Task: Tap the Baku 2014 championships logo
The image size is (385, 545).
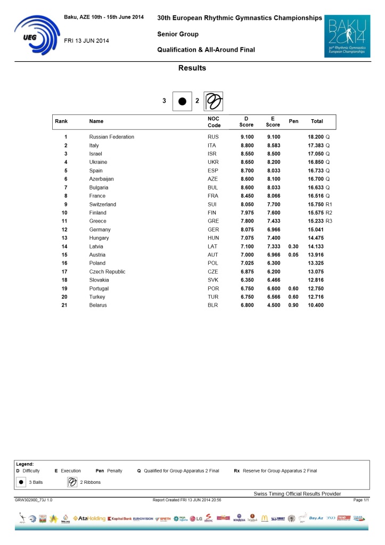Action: pyautogui.click(x=347, y=37)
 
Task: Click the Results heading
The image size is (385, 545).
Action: pyautogui.click(x=192, y=68)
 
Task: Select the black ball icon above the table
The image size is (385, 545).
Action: pyautogui.click(x=182, y=101)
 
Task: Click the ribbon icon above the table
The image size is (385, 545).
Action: pyautogui.click(x=213, y=101)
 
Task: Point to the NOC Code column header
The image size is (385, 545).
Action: pyautogui.click(x=214, y=122)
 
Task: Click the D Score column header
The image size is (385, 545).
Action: pyautogui.click(x=246, y=122)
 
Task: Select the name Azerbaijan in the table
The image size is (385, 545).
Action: pyautogui.click(x=101, y=179)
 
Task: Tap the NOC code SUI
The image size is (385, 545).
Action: pyautogui.click(x=212, y=204)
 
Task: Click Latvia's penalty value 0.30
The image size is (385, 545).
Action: pyautogui.click(x=293, y=246)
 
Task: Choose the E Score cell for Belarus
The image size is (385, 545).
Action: pyautogui.click(x=273, y=305)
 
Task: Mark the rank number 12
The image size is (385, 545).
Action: pyautogui.click(x=65, y=229)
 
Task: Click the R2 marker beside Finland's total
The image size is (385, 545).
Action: pyautogui.click(x=329, y=213)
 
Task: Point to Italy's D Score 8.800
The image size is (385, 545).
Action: pyautogui.click(x=246, y=145)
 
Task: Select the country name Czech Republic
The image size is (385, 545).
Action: pyautogui.click(x=108, y=271)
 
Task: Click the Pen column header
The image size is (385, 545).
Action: pyautogui.click(x=293, y=121)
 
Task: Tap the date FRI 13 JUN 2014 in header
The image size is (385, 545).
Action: pyautogui.click(x=86, y=41)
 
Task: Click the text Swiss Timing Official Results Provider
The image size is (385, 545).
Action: pyautogui.click(x=297, y=494)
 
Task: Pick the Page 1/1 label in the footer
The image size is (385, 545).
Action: pyautogui.click(x=361, y=500)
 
